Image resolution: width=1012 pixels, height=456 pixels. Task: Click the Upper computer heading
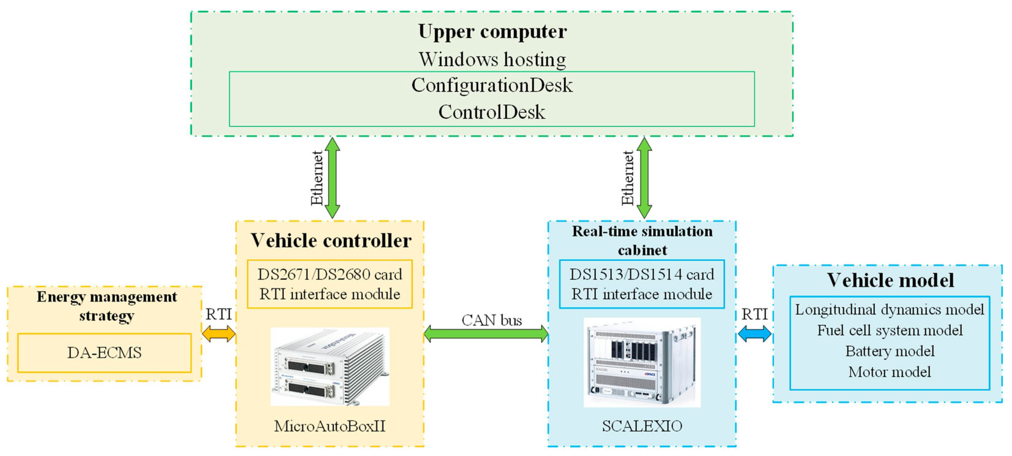[492, 32]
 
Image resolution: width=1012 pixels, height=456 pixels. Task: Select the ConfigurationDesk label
[492, 85]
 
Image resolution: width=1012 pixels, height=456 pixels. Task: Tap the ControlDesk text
[492, 112]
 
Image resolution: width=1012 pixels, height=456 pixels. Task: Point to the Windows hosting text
[492, 60]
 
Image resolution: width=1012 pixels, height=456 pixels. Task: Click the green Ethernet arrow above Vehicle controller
[332, 177]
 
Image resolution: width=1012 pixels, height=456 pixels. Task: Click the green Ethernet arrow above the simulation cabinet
[644, 177]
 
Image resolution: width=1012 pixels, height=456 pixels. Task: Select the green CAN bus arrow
[486, 334]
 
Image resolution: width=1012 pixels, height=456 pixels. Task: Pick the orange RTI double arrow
[219, 334]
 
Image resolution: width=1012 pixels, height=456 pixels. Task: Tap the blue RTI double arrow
[754, 334]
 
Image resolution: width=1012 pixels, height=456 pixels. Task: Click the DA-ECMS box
[105, 353]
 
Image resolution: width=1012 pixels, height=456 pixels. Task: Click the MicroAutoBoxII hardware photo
[330, 367]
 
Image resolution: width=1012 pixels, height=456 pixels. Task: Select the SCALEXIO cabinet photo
[642, 362]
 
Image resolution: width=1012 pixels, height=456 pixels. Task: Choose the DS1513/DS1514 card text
[642, 274]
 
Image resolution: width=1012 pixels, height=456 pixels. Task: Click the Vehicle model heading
[890, 280]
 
